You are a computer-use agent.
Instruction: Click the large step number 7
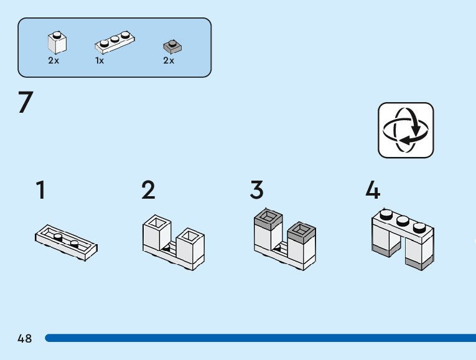pos(26,102)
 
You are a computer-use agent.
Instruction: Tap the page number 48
pos(25,338)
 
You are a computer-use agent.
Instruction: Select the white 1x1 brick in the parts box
pos(57,42)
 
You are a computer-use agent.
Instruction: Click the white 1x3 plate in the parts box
pos(114,42)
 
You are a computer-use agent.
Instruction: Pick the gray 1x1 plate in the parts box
pos(172,47)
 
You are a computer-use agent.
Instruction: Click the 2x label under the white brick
pos(54,60)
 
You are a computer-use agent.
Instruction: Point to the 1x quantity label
pos(100,60)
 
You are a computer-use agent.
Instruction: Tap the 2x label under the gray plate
pos(169,60)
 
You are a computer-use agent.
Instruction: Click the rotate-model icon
pos(406,130)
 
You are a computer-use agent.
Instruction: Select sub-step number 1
pos(40,190)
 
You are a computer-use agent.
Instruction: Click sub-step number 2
pos(148,190)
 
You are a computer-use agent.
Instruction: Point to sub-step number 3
pos(257,190)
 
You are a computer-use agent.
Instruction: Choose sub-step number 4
pos(373,190)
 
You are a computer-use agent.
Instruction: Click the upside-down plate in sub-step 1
pos(66,242)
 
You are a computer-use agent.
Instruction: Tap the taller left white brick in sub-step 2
pos(157,232)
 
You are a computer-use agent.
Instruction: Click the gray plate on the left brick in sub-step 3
pos(268,219)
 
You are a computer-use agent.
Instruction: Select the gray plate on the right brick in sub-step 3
pos(301,232)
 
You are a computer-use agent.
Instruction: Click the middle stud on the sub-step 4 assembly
pos(403,220)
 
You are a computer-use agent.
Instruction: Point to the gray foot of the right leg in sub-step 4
pos(419,263)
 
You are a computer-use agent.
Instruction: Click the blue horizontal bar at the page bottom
pos(261,338)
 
